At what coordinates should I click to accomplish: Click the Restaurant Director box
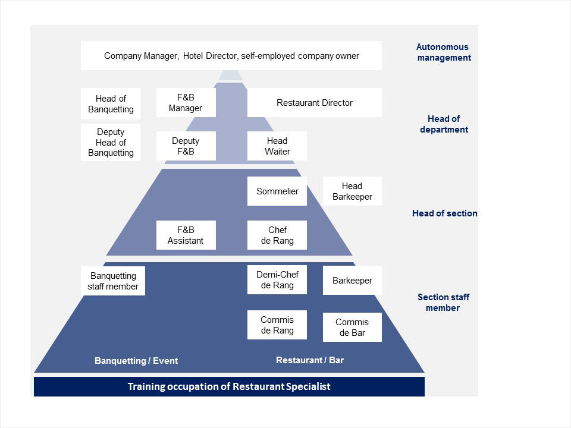pyautogui.click(x=314, y=103)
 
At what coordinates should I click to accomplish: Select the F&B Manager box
pyautogui.click(x=186, y=103)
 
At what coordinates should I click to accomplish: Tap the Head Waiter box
pyautogui.click(x=277, y=146)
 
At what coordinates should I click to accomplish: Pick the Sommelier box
pyautogui.click(x=277, y=191)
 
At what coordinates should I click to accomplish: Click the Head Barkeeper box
pyautogui.click(x=352, y=191)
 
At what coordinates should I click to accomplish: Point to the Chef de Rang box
pyautogui.click(x=277, y=235)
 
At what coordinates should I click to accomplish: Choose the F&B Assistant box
pyautogui.click(x=186, y=235)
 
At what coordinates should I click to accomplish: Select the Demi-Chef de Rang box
pyautogui.click(x=277, y=280)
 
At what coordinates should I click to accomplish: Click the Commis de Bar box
pyautogui.click(x=352, y=328)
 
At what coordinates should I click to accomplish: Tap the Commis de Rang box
pyautogui.click(x=277, y=325)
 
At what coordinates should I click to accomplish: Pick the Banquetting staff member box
pyautogui.click(x=113, y=281)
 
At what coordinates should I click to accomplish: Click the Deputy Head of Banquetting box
pyautogui.click(x=111, y=143)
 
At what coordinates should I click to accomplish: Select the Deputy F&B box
pyautogui.click(x=186, y=146)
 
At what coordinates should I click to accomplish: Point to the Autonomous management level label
pyautogui.click(x=443, y=52)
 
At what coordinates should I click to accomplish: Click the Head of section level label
pyautogui.click(x=444, y=213)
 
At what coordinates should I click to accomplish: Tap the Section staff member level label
pyautogui.click(x=443, y=303)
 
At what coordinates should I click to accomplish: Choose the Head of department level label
pyautogui.click(x=444, y=124)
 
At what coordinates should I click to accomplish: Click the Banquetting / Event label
pyautogui.click(x=136, y=361)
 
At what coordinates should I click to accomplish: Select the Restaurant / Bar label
pyautogui.click(x=310, y=360)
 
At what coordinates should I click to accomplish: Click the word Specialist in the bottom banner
pyautogui.click(x=307, y=387)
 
